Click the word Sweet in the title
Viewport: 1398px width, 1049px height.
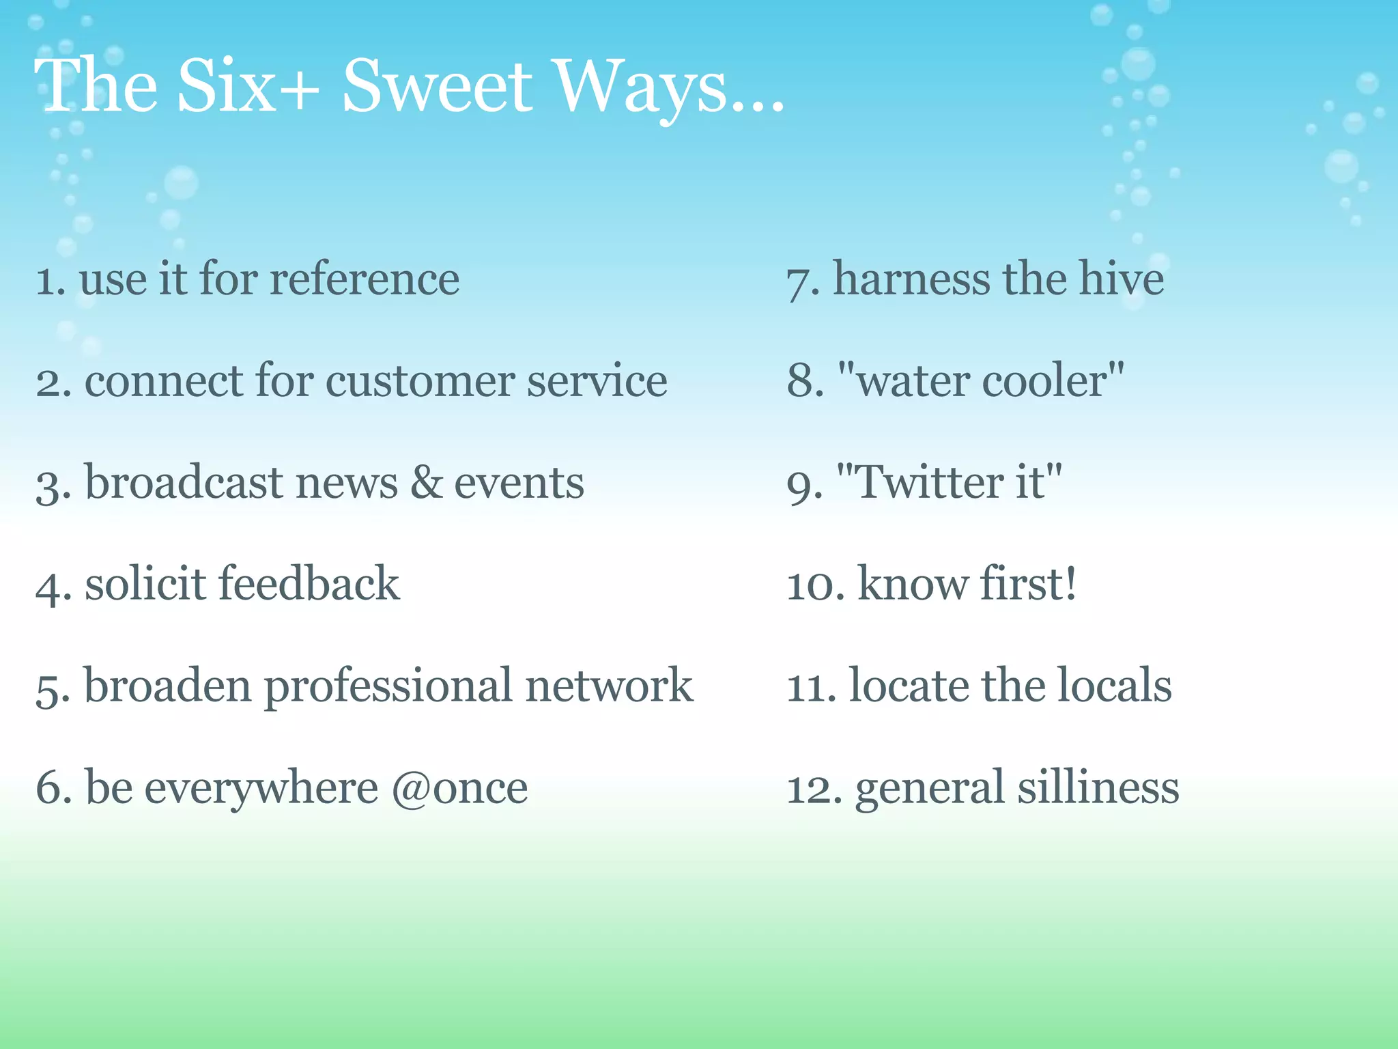437,87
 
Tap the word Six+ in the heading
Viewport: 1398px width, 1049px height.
248,87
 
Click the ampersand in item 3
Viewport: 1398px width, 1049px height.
426,482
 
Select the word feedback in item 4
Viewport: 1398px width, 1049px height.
309,583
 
